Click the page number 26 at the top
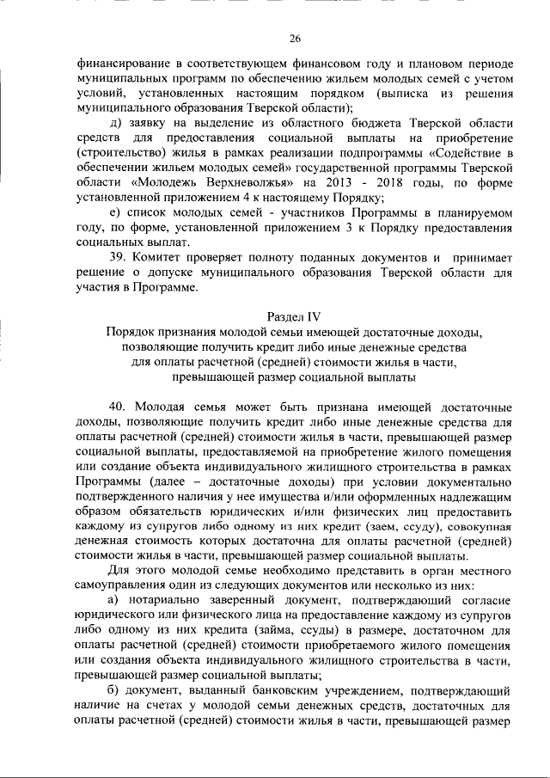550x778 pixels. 295,39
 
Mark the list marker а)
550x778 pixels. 115,598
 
